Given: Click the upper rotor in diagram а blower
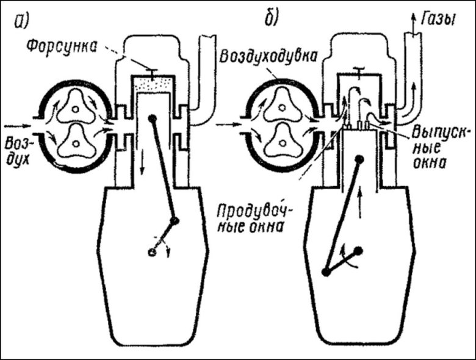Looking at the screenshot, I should tap(74, 109).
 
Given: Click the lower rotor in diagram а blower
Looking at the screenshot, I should tap(74, 142).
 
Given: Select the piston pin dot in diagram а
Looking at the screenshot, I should tap(153, 118).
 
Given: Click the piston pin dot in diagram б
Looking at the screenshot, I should tap(360, 160).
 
